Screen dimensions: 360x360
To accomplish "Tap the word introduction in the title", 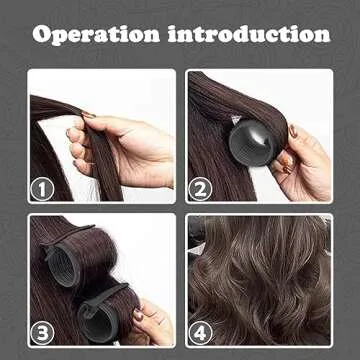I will pyautogui.click(x=250, y=33).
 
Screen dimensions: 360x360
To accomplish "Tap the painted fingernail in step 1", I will pyautogui.click(x=88, y=116).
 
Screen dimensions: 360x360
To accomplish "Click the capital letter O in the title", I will pyautogui.click(x=42, y=33).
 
